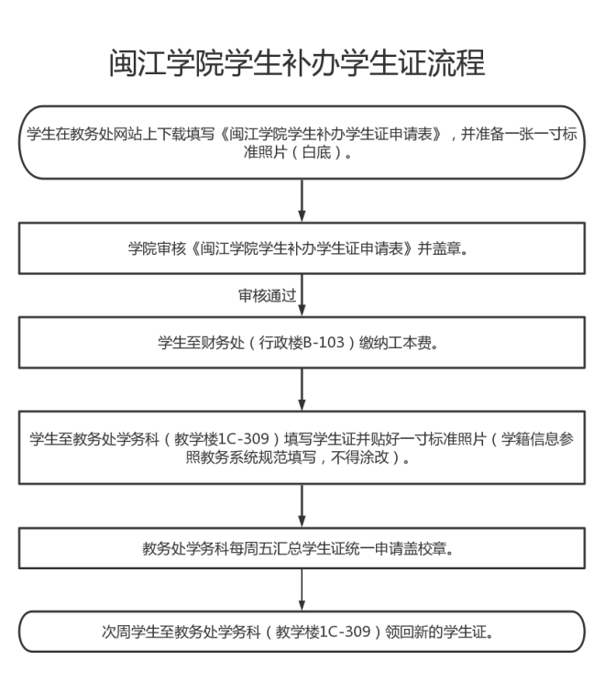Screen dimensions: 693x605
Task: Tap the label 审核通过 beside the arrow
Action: [x=266, y=295]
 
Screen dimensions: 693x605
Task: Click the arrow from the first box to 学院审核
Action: [x=302, y=201]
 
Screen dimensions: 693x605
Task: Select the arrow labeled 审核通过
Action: [x=302, y=295]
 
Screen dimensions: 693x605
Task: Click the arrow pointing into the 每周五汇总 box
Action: [x=302, y=505]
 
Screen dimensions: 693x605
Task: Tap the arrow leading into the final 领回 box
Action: [x=302, y=590]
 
